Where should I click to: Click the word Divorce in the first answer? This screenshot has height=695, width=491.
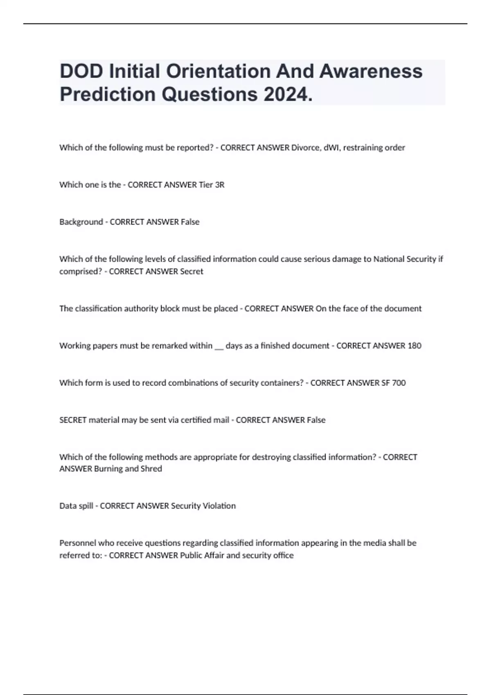(305, 148)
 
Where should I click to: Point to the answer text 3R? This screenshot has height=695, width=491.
(220, 185)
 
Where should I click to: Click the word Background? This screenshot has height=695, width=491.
(81, 222)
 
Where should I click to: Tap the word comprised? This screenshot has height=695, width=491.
(81, 271)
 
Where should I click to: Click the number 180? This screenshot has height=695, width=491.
(414, 346)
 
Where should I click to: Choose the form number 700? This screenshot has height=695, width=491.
(399, 383)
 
